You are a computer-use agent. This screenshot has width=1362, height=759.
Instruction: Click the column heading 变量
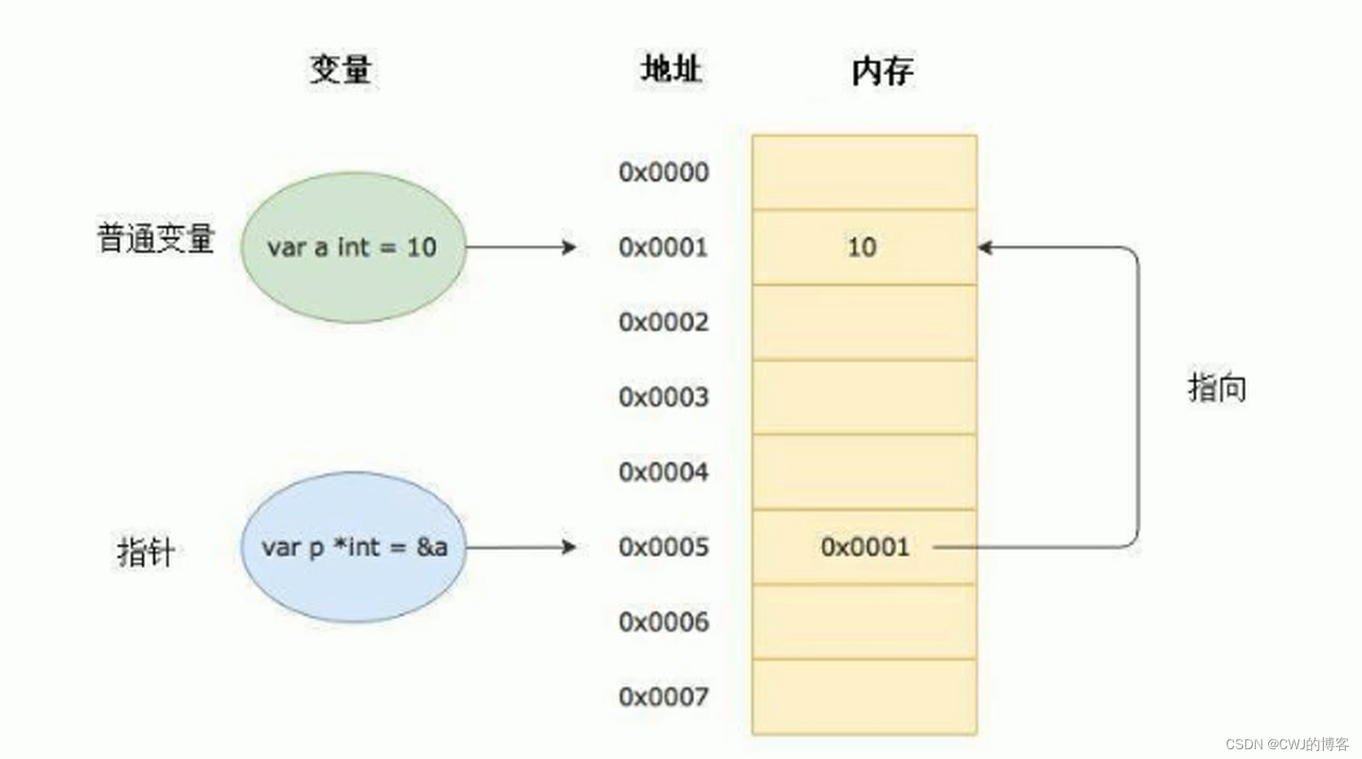(x=341, y=69)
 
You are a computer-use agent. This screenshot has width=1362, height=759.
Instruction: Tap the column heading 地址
(x=670, y=69)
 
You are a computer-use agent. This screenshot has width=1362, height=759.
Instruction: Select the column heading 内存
(x=882, y=71)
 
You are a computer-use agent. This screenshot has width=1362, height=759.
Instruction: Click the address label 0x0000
(x=663, y=172)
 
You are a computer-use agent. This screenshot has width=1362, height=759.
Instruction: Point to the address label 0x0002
(x=663, y=322)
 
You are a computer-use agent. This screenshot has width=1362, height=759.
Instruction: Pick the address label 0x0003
(x=663, y=397)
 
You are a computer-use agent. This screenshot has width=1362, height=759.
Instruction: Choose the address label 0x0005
(x=663, y=547)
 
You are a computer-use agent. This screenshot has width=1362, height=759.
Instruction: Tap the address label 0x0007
(x=663, y=697)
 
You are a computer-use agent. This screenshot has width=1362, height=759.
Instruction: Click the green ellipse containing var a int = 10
(x=352, y=246)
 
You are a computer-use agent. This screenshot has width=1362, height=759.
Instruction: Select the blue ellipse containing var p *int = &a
(x=352, y=547)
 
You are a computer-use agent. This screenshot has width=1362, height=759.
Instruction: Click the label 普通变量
(x=155, y=238)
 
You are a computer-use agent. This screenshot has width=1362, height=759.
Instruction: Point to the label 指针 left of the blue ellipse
(x=145, y=552)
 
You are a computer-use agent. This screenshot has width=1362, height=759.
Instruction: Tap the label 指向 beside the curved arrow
(x=1216, y=387)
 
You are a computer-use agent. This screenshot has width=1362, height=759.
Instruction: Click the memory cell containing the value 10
(x=864, y=246)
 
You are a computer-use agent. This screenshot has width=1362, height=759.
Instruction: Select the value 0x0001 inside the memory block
(x=865, y=547)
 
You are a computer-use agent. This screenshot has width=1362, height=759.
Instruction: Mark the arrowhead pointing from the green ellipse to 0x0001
(x=570, y=246)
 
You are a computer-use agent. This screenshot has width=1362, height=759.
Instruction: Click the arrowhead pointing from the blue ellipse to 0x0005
(x=570, y=547)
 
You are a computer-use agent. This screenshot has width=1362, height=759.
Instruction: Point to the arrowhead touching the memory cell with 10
(x=985, y=246)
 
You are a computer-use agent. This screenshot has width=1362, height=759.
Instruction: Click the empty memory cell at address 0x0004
(x=864, y=472)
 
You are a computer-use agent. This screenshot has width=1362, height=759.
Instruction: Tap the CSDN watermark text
(x=1286, y=743)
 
